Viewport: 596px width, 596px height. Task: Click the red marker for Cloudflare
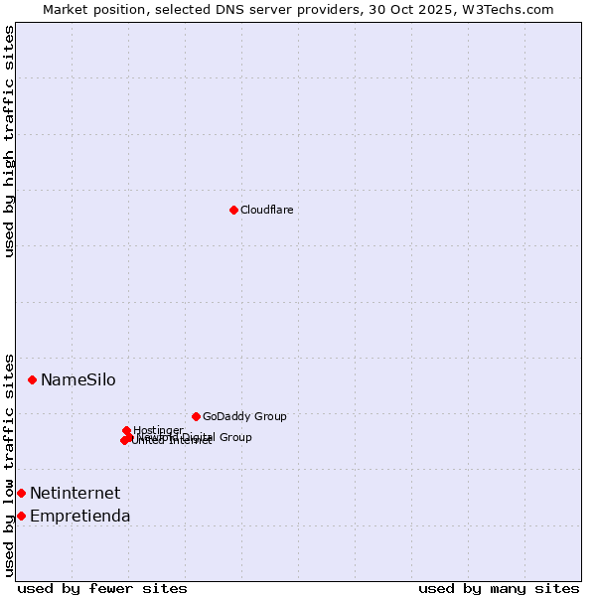tap(233, 210)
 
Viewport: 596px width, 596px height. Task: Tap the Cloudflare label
tap(266, 211)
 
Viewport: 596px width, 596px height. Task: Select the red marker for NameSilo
tap(32, 379)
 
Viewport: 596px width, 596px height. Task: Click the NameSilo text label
tap(77, 380)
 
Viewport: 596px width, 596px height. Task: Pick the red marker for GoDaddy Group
tap(196, 416)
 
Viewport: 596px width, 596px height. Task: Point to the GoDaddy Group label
tap(244, 417)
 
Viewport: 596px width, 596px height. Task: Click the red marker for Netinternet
tap(21, 493)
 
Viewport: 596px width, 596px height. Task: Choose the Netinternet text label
tap(74, 494)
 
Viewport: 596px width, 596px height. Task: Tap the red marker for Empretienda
tap(21, 516)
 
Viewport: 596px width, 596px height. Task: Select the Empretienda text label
tap(79, 517)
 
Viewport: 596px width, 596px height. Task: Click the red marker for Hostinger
tap(126, 431)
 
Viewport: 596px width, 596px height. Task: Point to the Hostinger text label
tap(158, 430)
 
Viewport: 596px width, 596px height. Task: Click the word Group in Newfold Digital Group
tap(235, 437)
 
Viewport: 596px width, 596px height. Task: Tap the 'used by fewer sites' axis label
tap(102, 588)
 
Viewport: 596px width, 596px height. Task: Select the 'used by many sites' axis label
tap(499, 588)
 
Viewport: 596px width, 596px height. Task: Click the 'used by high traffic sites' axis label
tap(9, 141)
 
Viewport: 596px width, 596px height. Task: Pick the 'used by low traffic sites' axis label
tap(9, 465)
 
